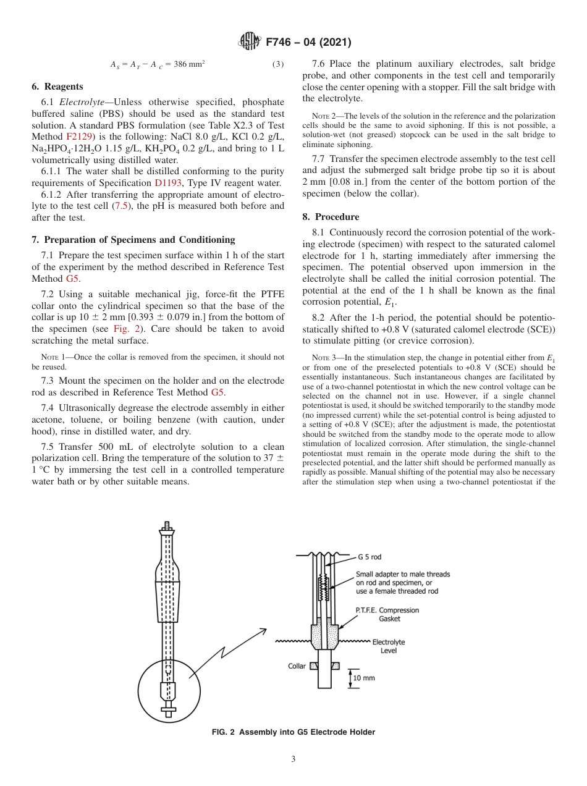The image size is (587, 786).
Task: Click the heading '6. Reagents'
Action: pyautogui.click(x=57, y=87)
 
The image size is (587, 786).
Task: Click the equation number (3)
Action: pyautogui.click(x=278, y=64)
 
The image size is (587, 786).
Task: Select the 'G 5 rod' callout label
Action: pyautogui.click(x=369, y=557)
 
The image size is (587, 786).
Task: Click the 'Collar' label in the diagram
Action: pyautogui.click(x=297, y=666)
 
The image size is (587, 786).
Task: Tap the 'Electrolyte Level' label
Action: pyautogui.click(x=388, y=646)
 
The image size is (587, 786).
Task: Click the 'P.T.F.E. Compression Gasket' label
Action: pyautogui.click(x=387, y=614)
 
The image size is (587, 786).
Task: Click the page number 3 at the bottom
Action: pyautogui.click(x=293, y=759)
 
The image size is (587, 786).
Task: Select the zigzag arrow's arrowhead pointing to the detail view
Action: pyautogui.click(x=263, y=631)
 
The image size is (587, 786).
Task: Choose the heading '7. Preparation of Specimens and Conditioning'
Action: pyautogui.click(x=133, y=240)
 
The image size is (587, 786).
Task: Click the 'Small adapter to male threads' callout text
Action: pyautogui.click(x=403, y=574)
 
